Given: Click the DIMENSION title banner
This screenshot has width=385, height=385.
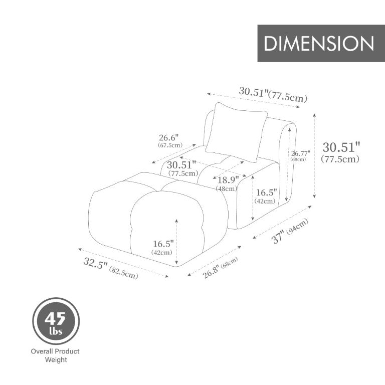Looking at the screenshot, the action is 321,43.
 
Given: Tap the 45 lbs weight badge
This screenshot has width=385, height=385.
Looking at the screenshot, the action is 56,321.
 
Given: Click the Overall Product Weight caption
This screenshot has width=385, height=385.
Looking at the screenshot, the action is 55,355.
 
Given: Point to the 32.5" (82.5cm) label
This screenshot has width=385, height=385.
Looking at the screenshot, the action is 111,268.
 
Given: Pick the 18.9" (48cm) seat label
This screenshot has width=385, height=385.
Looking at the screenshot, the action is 227,183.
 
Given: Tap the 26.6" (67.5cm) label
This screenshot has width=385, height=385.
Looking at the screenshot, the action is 170,141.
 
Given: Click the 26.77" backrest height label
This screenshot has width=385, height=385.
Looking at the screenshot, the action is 300,156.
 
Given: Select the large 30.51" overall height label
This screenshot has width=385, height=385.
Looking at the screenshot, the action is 341,152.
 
